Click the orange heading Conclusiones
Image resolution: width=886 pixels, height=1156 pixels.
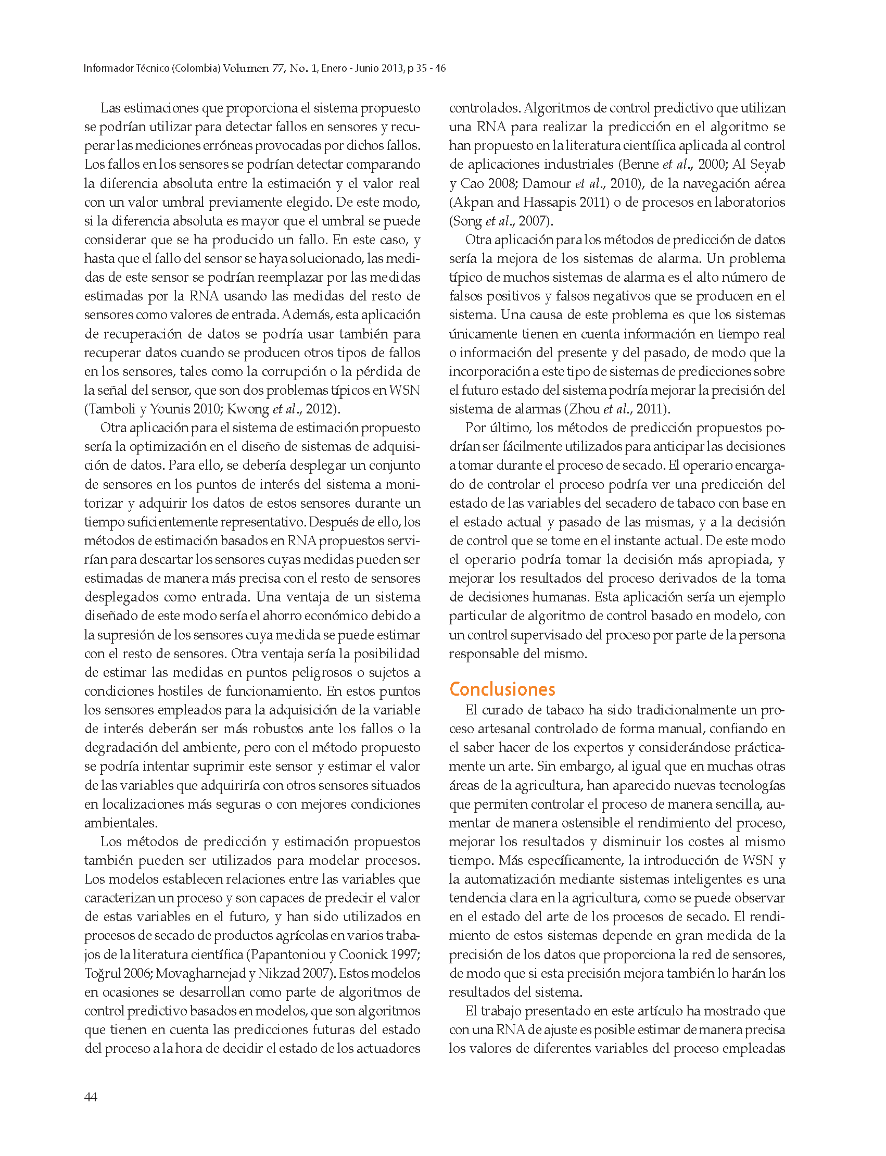[x=502, y=689]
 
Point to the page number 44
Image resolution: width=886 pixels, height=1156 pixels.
[x=90, y=1097]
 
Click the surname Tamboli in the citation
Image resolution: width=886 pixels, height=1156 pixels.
[x=111, y=409]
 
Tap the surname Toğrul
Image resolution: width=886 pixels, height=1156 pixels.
[x=103, y=973]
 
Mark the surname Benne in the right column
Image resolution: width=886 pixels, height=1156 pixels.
[x=640, y=165]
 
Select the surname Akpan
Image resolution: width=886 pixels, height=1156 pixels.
[x=473, y=202]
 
